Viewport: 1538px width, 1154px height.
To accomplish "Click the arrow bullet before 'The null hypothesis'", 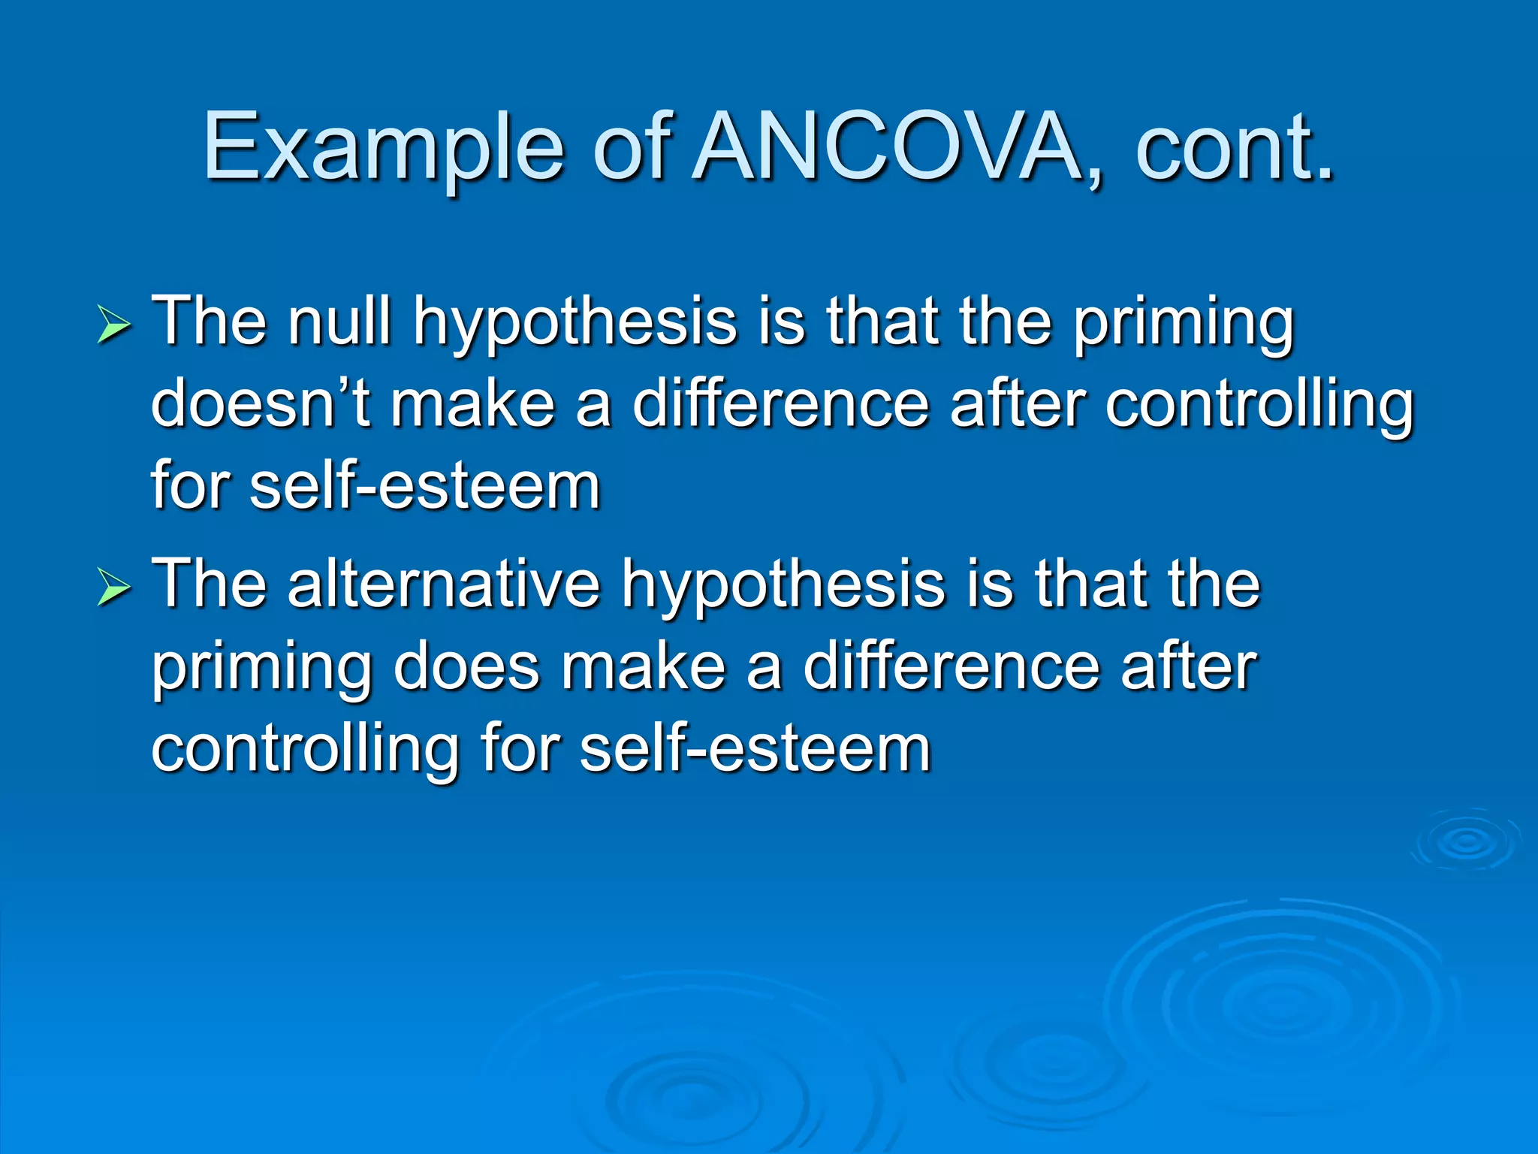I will (113, 327).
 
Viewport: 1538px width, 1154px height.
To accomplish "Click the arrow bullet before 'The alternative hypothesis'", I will (113, 588).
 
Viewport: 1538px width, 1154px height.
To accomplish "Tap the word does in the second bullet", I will (466, 666).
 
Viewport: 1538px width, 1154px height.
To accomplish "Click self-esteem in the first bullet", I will (425, 486).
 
